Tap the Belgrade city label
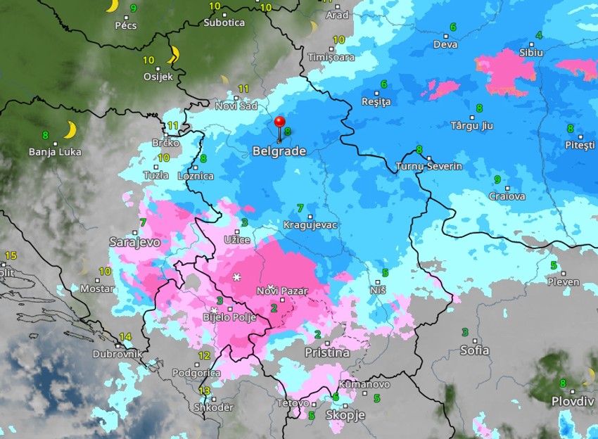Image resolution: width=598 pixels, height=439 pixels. pyautogui.click(x=279, y=151)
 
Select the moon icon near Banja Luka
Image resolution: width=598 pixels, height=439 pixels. pyautogui.click(x=70, y=129)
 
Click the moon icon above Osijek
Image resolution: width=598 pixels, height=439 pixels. pyautogui.click(x=173, y=54)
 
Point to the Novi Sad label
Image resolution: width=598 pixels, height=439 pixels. pyautogui.click(x=236, y=106)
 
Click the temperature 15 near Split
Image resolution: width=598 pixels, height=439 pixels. pyautogui.click(x=10, y=255)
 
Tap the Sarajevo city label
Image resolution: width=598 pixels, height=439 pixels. pyautogui.click(x=134, y=242)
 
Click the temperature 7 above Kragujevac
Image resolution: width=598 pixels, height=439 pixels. pyautogui.click(x=300, y=208)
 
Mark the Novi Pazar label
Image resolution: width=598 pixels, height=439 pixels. pyautogui.click(x=283, y=291)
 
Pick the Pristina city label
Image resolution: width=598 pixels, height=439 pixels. pyautogui.click(x=327, y=352)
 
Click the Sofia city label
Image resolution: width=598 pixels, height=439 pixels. pyautogui.click(x=474, y=350)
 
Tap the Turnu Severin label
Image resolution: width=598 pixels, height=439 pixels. pyautogui.click(x=429, y=167)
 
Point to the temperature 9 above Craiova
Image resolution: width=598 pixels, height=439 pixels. pyautogui.click(x=497, y=179)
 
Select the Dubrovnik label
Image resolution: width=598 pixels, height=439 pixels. pyautogui.click(x=117, y=355)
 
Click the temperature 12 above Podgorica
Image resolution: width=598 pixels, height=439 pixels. pyautogui.click(x=204, y=356)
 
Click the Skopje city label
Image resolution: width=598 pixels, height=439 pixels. pyautogui.click(x=345, y=415)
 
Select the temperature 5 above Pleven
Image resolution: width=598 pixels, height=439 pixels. pyautogui.click(x=554, y=266)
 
